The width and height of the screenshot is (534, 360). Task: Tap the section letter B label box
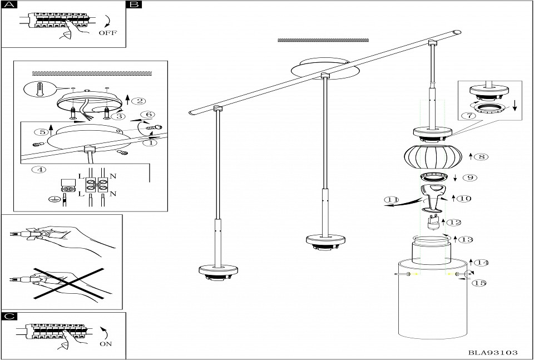pyautogui.click(x=134, y=5)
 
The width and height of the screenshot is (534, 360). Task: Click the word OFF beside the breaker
pyautogui.click(x=107, y=33)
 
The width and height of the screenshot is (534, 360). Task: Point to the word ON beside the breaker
pyautogui.click(x=106, y=344)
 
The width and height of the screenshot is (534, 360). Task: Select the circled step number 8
pyautogui.click(x=481, y=157)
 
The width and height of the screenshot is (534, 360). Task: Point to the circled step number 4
pyautogui.click(x=39, y=170)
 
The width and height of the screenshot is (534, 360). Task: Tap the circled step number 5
pyautogui.click(x=41, y=132)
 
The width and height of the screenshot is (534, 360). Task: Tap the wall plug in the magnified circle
pyautogui.click(x=39, y=89)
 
